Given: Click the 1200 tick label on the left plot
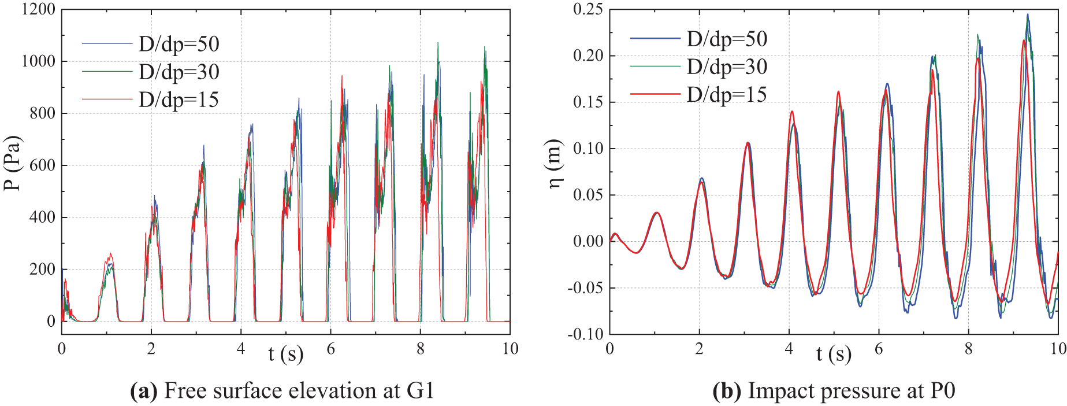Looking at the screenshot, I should tap(38, 10).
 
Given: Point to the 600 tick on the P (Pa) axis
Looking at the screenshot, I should tap(43, 165).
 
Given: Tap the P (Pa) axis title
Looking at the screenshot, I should tap(12, 163).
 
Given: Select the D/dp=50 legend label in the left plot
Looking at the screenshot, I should tap(179, 44).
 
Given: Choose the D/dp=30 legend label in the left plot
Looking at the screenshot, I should tap(179, 72).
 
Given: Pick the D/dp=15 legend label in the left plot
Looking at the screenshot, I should tap(179, 99).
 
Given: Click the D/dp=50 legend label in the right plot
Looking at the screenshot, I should tap(727, 39).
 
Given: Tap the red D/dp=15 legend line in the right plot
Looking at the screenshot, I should tap(655, 94).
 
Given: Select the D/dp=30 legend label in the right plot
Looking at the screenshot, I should tap(727, 67).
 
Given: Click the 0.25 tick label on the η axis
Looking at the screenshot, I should tap(588, 10).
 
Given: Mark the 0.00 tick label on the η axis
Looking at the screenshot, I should tap(588, 241).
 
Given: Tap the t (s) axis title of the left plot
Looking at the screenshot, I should tap(285, 353).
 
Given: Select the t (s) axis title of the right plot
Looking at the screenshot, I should tap(834, 353).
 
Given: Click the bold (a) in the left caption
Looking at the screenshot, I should tap(144, 391).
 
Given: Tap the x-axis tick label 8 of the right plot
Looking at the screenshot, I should tap(969, 349).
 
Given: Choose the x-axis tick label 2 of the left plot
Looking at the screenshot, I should tap(151, 349).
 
